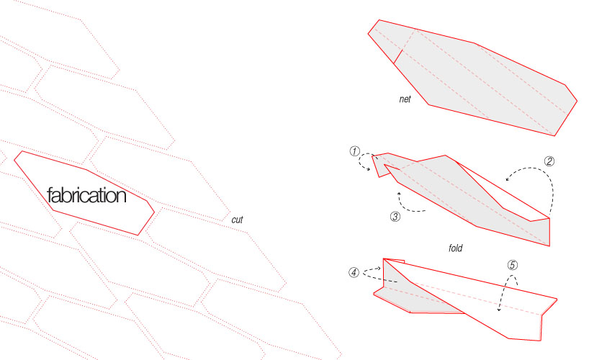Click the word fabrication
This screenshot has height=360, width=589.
tap(86, 195)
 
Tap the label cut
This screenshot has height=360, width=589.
tap(237, 220)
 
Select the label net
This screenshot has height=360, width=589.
tap(405, 99)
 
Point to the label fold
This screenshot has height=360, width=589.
tap(455, 248)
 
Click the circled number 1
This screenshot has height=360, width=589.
tap(354, 151)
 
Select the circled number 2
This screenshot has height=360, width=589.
tap(549, 161)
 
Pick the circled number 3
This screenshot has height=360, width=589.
tap(395, 217)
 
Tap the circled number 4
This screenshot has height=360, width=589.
tap(354, 272)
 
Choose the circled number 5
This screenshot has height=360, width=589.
tap(513, 265)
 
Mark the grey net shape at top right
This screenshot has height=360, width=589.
tap(472, 78)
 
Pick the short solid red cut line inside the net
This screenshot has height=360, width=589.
tap(398, 56)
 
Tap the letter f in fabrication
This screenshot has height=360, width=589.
tap(50, 195)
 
